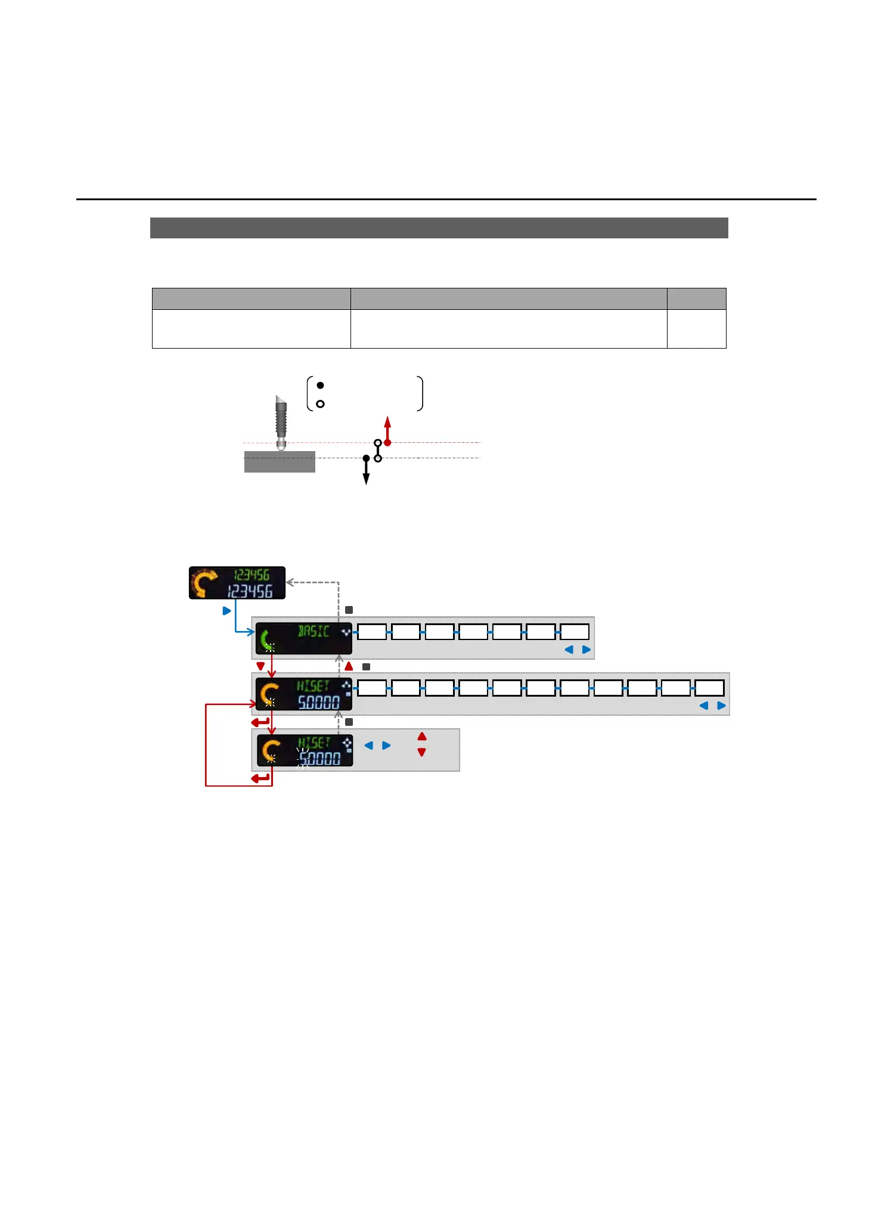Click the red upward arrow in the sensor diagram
pyautogui.click(x=387, y=428)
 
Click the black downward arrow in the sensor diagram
pyautogui.click(x=366, y=472)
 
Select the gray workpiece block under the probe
pyautogui.click(x=280, y=462)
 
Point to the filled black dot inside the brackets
pyautogui.click(x=320, y=386)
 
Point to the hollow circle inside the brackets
pyautogui.click(x=320, y=404)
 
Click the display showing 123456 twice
pyautogui.click(x=237, y=583)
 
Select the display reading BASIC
pyautogui.click(x=304, y=639)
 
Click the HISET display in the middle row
pyautogui.click(x=304, y=695)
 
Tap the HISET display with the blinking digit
pyautogui.click(x=305, y=750)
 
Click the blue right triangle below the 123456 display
pyautogui.click(x=226, y=611)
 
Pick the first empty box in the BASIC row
pyautogui.click(x=372, y=632)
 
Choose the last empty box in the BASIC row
pyautogui.click(x=575, y=632)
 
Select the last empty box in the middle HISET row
pyautogui.click(x=709, y=688)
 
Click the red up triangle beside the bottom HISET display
pyautogui.click(x=422, y=737)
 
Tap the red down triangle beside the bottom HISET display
pyautogui.click(x=422, y=753)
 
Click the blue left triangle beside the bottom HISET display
pyautogui.click(x=368, y=746)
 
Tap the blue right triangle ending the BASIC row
pyautogui.click(x=586, y=650)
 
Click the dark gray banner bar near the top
pyautogui.click(x=439, y=228)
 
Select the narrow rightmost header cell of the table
pyautogui.click(x=696, y=299)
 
